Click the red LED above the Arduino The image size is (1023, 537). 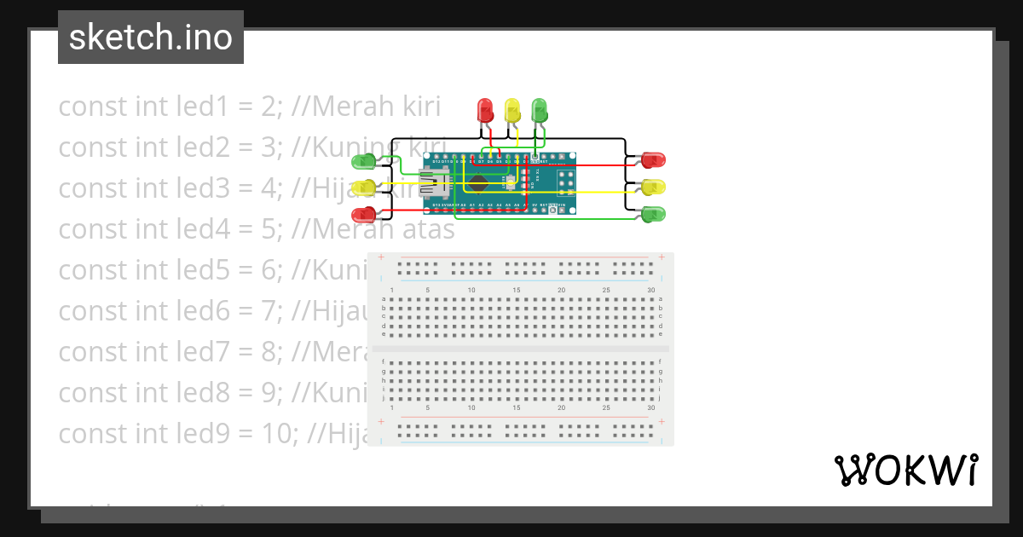click(x=485, y=110)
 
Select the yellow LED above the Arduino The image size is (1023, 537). click(x=512, y=110)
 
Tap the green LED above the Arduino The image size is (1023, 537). click(x=540, y=110)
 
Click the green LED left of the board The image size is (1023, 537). click(x=364, y=160)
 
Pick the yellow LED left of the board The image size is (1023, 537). click(x=364, y=187)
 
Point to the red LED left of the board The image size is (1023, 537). click(x=364, y=213)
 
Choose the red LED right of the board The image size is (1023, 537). click(x=653, y=159)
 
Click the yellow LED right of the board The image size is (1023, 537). click(x=653, y=187)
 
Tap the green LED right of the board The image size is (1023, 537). click(x=653, y=213)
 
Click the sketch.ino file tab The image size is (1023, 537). click(x=151, y=38)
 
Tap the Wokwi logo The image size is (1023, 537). click(x=906, y=470)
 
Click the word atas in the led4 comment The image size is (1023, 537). click(x=425, y=229)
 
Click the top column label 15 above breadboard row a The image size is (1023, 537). click(x=517, y=291)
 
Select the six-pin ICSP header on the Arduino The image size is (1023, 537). click(x=567, y=182)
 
